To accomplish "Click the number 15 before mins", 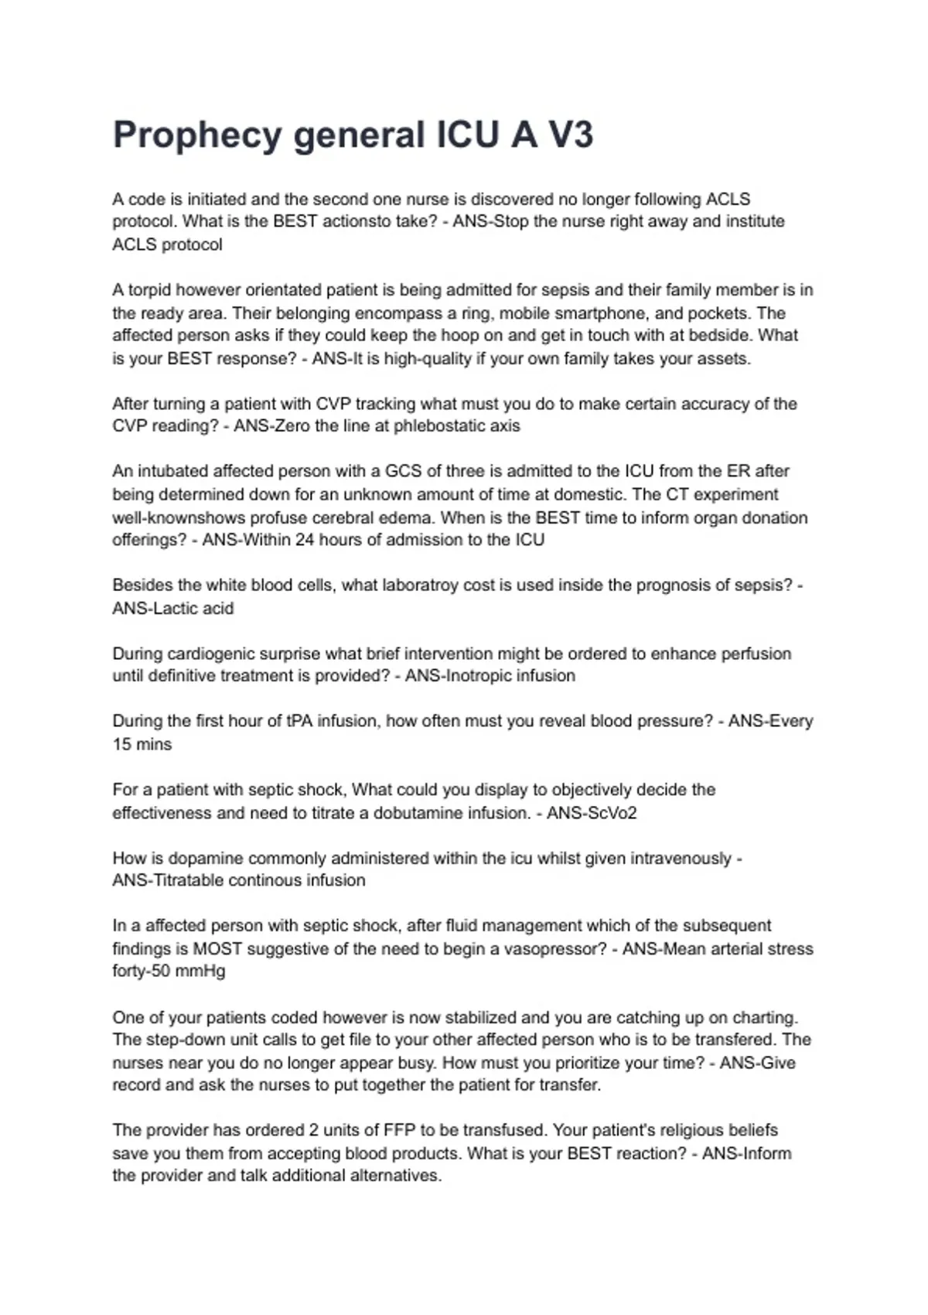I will tap(122, 744).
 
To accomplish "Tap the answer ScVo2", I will tap(610, 813).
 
